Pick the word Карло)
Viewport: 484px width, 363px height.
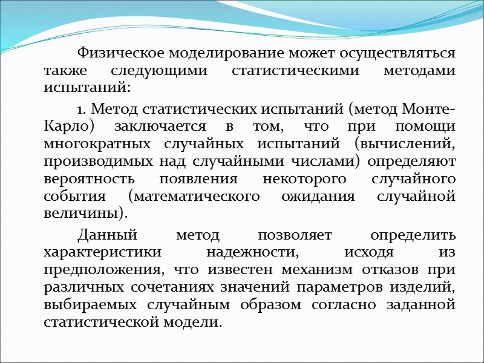(65, 128)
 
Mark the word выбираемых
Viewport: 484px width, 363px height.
(89, 305)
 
